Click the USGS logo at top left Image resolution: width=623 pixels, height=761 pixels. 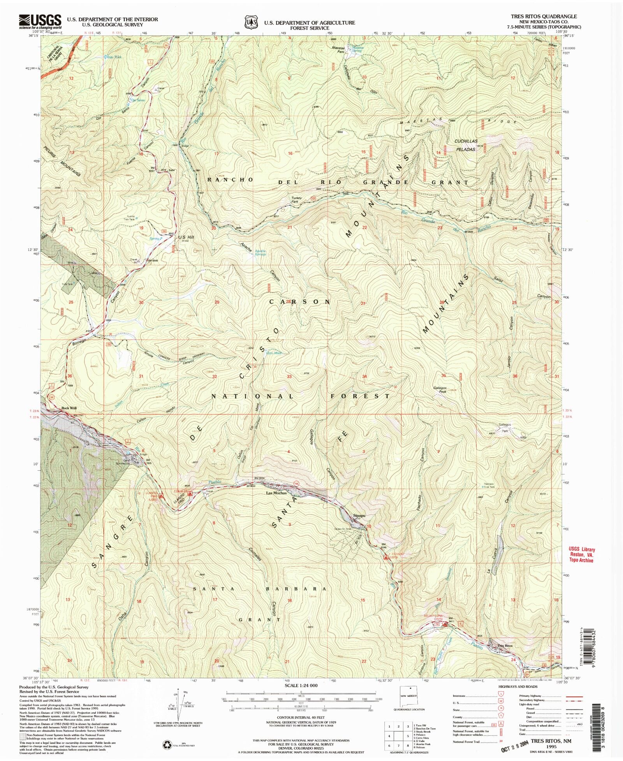click(x=40, y=21)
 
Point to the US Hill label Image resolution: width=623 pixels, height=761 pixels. click(x=186, y=237)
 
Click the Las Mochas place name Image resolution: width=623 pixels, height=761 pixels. click(x=276, y=493)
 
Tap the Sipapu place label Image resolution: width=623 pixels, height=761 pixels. click(x=358, y=516)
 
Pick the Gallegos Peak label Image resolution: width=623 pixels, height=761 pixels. click(x=439, y=389)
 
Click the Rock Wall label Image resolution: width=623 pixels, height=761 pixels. click(x=69, y=408)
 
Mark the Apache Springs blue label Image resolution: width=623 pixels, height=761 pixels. click(x=260, y=252)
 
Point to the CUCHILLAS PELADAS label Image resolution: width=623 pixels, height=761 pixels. click(x=466, y=145)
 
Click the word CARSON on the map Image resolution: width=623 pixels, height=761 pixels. click(x=300, y=302)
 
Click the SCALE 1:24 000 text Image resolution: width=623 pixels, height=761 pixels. click(x=301, y=686)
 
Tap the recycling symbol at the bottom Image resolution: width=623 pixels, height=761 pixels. click(x=167, y=745)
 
